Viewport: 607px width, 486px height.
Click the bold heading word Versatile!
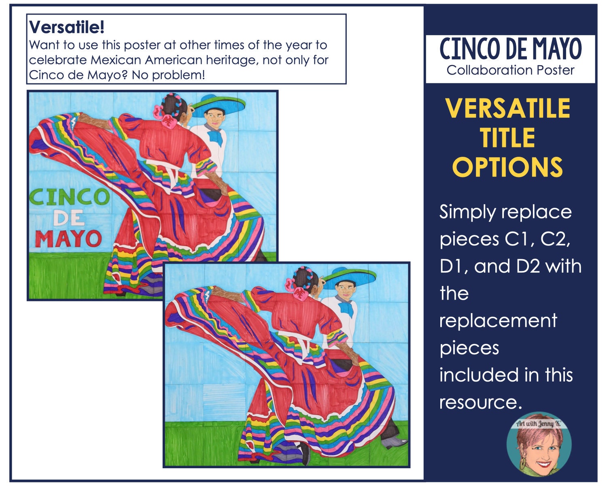(x=66, y=28)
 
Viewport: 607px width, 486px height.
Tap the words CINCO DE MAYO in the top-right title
(x=510, y=49)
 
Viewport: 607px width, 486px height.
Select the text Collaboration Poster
(x=510, y=70)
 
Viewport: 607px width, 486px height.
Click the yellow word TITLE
(x=508, y=138)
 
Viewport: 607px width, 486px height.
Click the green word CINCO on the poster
(x=69, y=197)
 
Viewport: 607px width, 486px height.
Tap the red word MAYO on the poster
(x=68, y=239)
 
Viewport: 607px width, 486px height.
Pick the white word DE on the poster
(x=69, y=218)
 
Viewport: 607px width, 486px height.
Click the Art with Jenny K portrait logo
(x=539, y=445)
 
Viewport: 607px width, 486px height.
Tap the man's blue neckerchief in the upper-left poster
(x=216, y=136)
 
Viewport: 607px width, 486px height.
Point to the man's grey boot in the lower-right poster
(x=395, y=442)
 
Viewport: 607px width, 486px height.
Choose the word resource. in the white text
(x=481, y=403)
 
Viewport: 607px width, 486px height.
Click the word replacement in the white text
(x=499, y=321)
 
